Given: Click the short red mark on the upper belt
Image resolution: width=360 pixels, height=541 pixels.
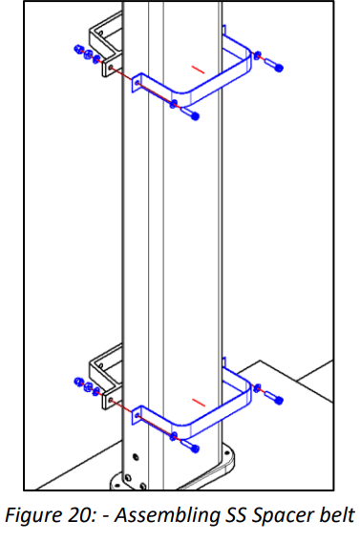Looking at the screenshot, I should [x=198, y=69].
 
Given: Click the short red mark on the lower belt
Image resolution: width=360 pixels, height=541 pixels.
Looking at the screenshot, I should [x=198, y=399].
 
